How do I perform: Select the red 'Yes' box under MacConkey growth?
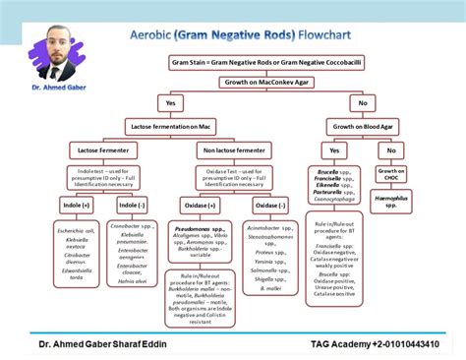pos(170,103)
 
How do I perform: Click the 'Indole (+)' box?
pos(76,205)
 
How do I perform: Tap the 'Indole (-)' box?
pos(131,205)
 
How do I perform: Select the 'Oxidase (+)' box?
pos(196,205)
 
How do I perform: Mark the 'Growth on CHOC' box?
pos(391,175)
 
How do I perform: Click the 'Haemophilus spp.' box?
pos(391,201)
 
